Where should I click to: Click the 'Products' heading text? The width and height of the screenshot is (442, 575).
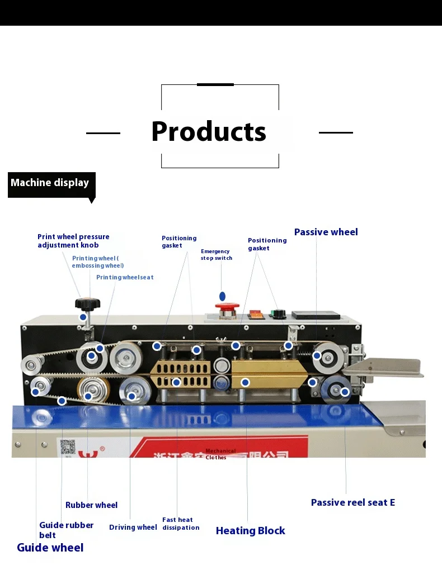[209, 132]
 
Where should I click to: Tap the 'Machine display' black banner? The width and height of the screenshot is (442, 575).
[50, 183]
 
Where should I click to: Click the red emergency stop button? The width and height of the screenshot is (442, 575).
[228, 307]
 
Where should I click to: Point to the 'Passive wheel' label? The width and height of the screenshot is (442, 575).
[326, 232]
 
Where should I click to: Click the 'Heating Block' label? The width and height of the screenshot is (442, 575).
[250, 531]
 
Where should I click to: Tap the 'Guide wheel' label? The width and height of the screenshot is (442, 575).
[50, 548]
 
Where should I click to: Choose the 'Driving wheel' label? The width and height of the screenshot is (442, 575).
[133, 528]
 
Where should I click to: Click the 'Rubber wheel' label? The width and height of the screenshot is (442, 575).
[91, 505]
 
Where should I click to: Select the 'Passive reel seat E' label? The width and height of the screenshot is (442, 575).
[352, 502]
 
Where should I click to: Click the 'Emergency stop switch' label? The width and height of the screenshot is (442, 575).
[216, 255]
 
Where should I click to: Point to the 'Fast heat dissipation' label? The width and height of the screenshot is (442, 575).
[180, 524]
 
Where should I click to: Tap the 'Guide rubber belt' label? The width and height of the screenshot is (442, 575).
[65, 530]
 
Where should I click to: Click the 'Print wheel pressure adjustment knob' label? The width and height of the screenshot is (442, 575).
[73, 241]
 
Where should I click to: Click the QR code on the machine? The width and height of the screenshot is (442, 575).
[68, 447]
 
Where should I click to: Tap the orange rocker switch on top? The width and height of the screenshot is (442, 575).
[256, 315]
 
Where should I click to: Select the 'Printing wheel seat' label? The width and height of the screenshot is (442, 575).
[124, 277]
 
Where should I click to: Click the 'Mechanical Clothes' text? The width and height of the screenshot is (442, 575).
[220, 454]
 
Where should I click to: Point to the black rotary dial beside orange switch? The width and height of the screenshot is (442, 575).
[276, 313]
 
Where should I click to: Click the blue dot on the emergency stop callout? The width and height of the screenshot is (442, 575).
[222, 296]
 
